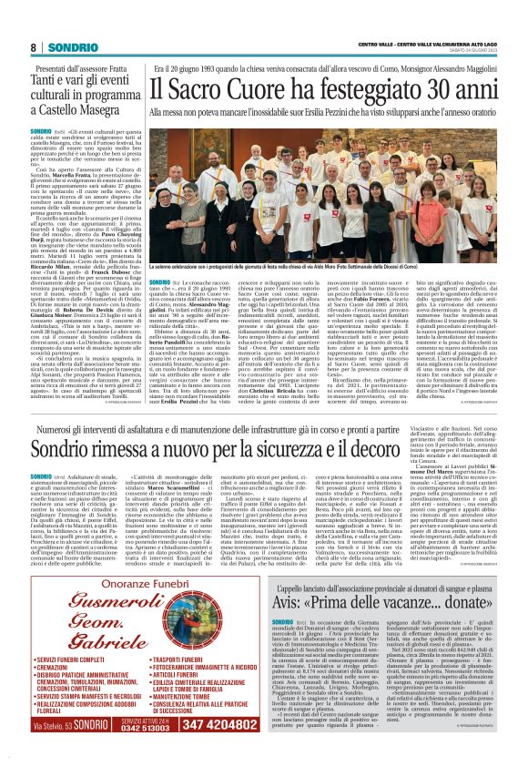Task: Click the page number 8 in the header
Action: (x=34, y=46)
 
